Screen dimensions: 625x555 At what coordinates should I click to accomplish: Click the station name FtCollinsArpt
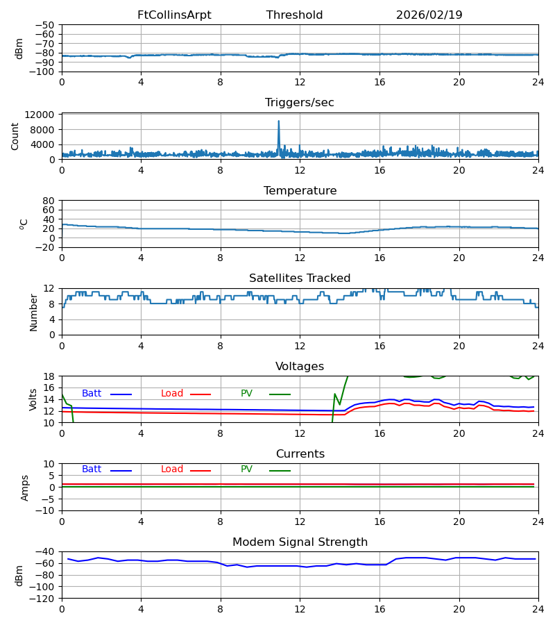(174, 15)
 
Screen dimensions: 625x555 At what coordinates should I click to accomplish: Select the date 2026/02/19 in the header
(429, 15)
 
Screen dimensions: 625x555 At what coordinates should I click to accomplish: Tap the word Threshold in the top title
(294, 15)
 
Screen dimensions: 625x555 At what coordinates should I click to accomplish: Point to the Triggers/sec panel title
(299, 103)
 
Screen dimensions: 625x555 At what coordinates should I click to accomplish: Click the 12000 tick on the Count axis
(43, 115)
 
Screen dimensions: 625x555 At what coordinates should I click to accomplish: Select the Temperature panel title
(300, 191)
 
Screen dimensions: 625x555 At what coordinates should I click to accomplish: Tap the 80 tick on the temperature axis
(49, 201)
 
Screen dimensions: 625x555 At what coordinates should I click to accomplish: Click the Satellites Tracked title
(300, 278)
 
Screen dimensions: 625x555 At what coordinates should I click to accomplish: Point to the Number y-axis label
(34, 312)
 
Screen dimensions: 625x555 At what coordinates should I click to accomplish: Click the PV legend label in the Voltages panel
(246, 394)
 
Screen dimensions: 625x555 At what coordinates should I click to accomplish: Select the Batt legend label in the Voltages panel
(92, 394)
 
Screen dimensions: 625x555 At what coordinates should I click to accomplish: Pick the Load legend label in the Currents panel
(172, 469)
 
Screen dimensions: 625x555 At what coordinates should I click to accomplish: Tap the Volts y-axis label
(34, 399)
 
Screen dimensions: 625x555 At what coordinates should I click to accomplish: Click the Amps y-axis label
(26, 487)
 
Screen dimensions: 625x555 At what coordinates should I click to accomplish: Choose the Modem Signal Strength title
(300, 542)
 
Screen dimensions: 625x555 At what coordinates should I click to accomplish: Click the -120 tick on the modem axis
(42, 598)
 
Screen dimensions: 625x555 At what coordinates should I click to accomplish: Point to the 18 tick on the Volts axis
(49, 376)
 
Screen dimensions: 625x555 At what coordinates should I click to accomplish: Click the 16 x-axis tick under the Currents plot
(379, 521)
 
